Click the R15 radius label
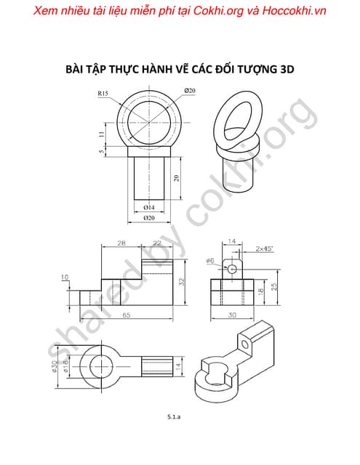point(103,93)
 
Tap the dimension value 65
point(126,315)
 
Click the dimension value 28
point(121,243)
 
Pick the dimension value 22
point(156,243)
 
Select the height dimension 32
point(182,280)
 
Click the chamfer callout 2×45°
point(265,249)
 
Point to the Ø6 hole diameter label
point(209,260)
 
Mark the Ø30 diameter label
point(53,363)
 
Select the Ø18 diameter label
point(64,363)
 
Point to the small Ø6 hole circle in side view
point(232,268)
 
